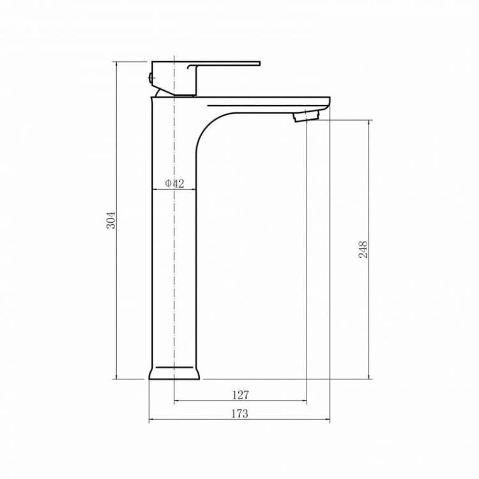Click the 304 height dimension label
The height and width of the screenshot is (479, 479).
pos(111,220)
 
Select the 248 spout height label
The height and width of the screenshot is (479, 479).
pos(363,250)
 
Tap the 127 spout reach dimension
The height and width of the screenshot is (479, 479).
pos(240,395)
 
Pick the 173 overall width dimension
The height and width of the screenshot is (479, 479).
pos(240,414)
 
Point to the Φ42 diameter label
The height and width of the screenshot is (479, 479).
pos(175,183)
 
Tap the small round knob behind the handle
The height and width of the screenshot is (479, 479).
pos(150,78)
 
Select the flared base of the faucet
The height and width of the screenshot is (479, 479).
pos(174,374)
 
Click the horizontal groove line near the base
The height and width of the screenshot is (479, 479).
pos(174,367)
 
